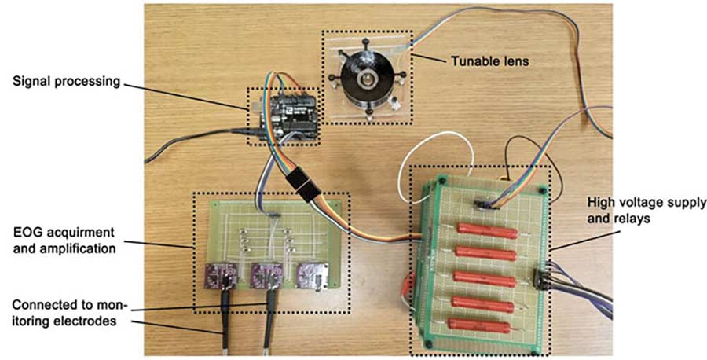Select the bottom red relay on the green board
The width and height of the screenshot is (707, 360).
point(480,324)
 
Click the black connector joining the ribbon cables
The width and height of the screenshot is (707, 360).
point(308,185)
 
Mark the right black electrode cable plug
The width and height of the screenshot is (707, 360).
point(272,302)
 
